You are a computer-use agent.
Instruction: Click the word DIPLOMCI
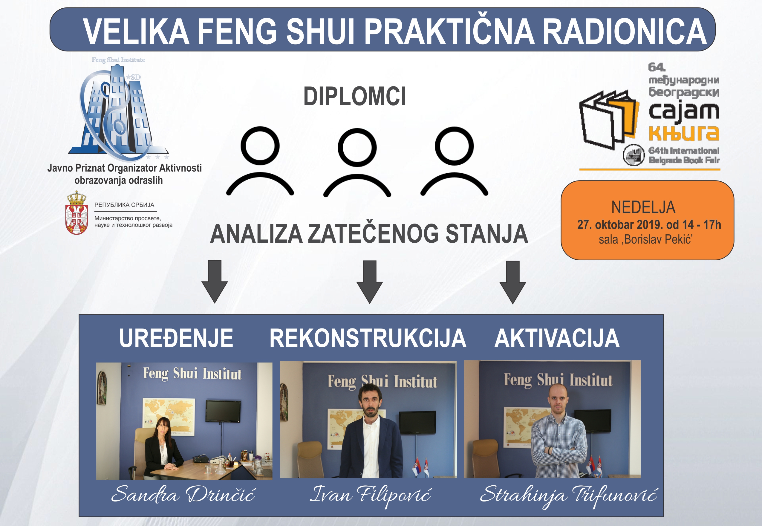(x=354, y=96)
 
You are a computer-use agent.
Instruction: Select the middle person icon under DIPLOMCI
(x=357, y=162)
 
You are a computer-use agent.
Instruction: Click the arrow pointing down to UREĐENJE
(x=215, y=282)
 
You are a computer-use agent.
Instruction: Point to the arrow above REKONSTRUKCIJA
(x=370, y=282)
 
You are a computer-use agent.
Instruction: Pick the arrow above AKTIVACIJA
(x=512, y=282)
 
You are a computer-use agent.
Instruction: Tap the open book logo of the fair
(x=609, y=119)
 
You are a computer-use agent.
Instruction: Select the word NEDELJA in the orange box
(x=643, y=207)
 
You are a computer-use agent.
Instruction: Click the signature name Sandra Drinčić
(x=183, y=494)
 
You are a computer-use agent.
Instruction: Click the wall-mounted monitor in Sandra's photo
(x=223, y=411)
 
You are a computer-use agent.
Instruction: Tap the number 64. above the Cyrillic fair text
(x=657, y=67)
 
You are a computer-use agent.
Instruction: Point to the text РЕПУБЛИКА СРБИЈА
(x=124, y=205)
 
